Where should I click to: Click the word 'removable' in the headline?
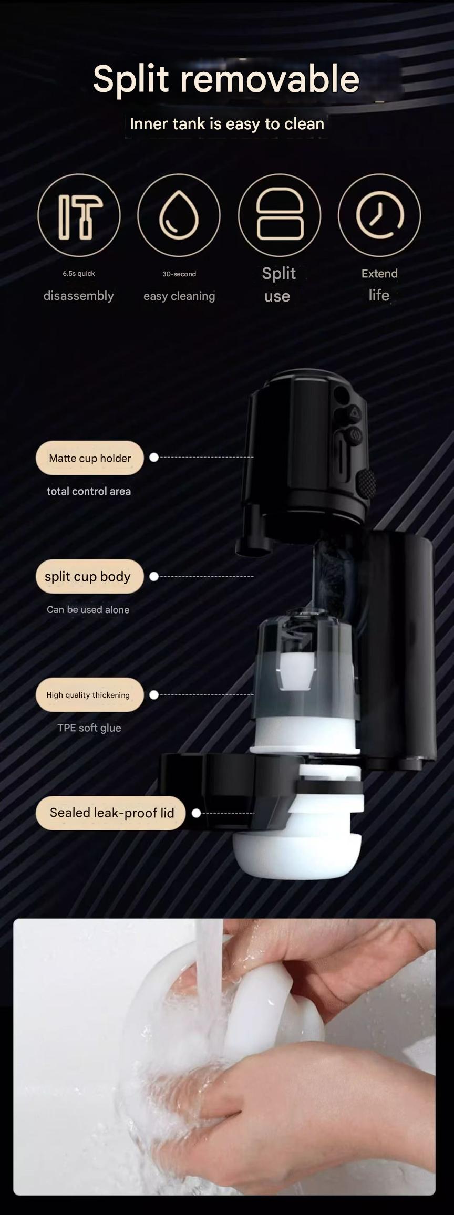click(x=270, y=79)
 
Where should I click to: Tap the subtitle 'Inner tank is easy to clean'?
click(x=227, y=124)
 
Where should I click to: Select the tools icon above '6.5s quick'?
click(x=79, y=215)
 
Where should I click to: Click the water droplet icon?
click(x=179, y=215)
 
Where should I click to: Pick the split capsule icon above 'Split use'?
click(x=280, y=215)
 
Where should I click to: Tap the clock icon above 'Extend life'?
click(x=379, y=215)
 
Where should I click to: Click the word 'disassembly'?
click(x=79, y=296)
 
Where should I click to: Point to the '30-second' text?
click(x=179, y=274)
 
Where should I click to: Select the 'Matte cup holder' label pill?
click(x=90, y=458)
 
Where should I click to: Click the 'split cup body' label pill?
click(x=90, y=576)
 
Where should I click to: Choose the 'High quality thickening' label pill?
click(x=90, y=695)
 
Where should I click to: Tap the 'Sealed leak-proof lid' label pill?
click(x=111, y=813)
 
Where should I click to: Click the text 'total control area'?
click(x=89, y=491)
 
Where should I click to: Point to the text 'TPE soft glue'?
click(x=89, y=728)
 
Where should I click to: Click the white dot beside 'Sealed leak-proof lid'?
click(x=197, y=813)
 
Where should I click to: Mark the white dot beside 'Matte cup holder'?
click(x=154, y=458)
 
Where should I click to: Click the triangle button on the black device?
click(x=355, y=413)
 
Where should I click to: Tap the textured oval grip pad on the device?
click(x=366, y=483)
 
